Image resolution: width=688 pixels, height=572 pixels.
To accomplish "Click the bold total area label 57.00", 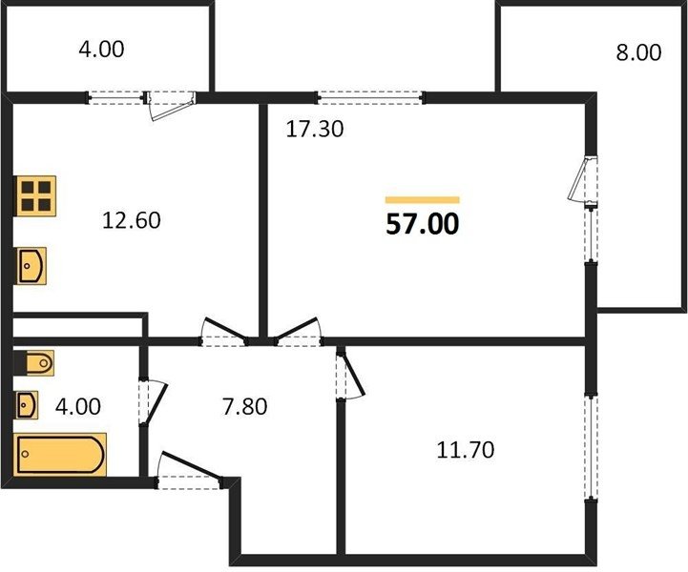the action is point(423,223).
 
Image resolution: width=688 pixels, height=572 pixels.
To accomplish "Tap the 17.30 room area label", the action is point(315,130).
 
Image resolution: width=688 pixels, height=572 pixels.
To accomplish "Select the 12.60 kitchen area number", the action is point(131,220).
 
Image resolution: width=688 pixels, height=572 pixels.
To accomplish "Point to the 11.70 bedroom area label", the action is point(465,450).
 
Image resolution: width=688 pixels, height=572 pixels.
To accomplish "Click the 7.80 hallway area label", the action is point(244,406).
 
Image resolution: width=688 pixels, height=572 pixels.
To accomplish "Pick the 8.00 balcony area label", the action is point(638,52).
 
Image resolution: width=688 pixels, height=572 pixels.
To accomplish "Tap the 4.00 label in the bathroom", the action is point(78,406).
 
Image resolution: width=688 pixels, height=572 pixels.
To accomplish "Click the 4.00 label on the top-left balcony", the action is point(101,49).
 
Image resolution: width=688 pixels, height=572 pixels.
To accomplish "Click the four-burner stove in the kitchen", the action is point(36,195).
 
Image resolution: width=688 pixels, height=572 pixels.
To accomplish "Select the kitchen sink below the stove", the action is point(31,266).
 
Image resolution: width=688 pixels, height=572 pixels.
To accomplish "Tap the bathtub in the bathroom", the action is point(60,454).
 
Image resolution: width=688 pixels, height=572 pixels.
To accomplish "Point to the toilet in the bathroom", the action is point(34,363).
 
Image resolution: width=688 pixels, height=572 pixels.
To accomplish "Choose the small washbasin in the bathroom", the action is point(26,404).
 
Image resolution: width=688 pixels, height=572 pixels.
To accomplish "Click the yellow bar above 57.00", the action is point(423,200).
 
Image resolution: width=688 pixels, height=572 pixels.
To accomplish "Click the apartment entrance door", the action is point(190,470).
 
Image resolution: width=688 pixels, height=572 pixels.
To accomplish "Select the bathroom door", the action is point(153,402).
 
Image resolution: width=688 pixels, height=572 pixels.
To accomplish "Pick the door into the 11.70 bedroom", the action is point(350,373).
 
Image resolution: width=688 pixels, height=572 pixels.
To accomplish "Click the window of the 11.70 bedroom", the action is point(592,447).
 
